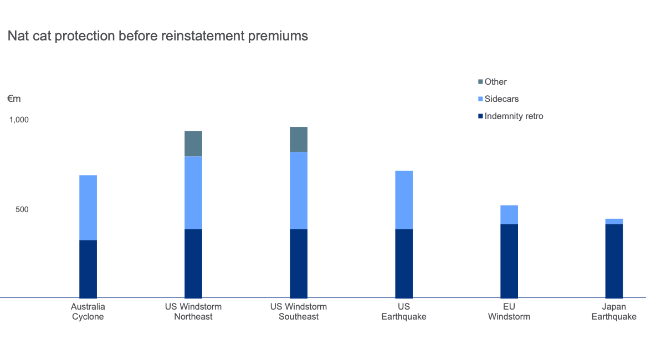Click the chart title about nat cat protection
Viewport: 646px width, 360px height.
tap(157, 37)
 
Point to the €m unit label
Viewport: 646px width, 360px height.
tap(14, 99)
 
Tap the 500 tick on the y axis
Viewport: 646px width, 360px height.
tap(22, 209)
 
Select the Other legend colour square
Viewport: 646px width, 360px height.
tap(480, 82)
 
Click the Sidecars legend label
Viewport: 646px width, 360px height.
tap(501, 99)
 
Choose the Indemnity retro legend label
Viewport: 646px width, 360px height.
tap(514, 116)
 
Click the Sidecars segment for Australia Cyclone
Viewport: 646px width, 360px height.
tap(88, 208)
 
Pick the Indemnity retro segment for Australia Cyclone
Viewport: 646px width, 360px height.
tap(88, 269)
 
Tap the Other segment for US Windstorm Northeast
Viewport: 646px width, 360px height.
tap(193, 144)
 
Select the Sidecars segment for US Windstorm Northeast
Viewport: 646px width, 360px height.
tap(193, 193)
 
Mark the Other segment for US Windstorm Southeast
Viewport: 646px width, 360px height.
tap(299, 140)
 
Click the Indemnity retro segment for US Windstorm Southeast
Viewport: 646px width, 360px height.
tap(299, 264)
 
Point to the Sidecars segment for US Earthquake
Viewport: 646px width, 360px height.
tap(404, 200)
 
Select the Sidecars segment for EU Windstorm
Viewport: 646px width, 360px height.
tap(509, 215)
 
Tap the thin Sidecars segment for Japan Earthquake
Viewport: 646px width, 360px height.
tap(614, 222)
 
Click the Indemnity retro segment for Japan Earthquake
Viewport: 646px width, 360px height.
tap(614, 261)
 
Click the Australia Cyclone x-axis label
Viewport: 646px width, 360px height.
tap(88, 312)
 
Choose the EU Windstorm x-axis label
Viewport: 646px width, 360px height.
tap(509, 312)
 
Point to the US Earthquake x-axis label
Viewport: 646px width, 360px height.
tap(404, 312)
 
